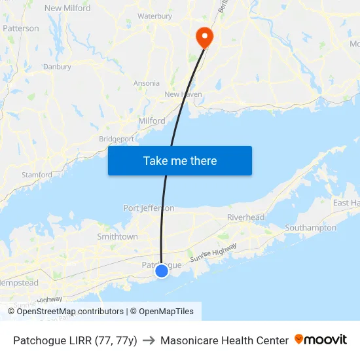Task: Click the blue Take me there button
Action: click(x=180, y=161)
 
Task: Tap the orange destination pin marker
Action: click(x=204, y=37)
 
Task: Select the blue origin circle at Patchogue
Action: click(x=162, y=270)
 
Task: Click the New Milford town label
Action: click(x=67, y=9)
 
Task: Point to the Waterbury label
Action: click(x=154, y=16)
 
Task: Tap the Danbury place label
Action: click(x=57, y=67)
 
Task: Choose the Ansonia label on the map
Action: click(x=146, y=84)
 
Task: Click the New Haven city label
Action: click(x=183, y=94)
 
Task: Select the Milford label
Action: click(x=151, y=121)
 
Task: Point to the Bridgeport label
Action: click(x=117, y=139)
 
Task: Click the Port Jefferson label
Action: click(x=149, y=208)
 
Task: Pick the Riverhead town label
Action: click(x=245, y=217)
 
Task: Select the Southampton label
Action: click(x=311, y=228)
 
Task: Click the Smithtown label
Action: click(x=117, y=236)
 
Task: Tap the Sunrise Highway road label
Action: click(x=213, y=253)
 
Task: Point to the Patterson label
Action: click(x=21, y=28)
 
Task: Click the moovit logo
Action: click(x=321, y=340)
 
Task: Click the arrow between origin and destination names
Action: click(x=149, y=340)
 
